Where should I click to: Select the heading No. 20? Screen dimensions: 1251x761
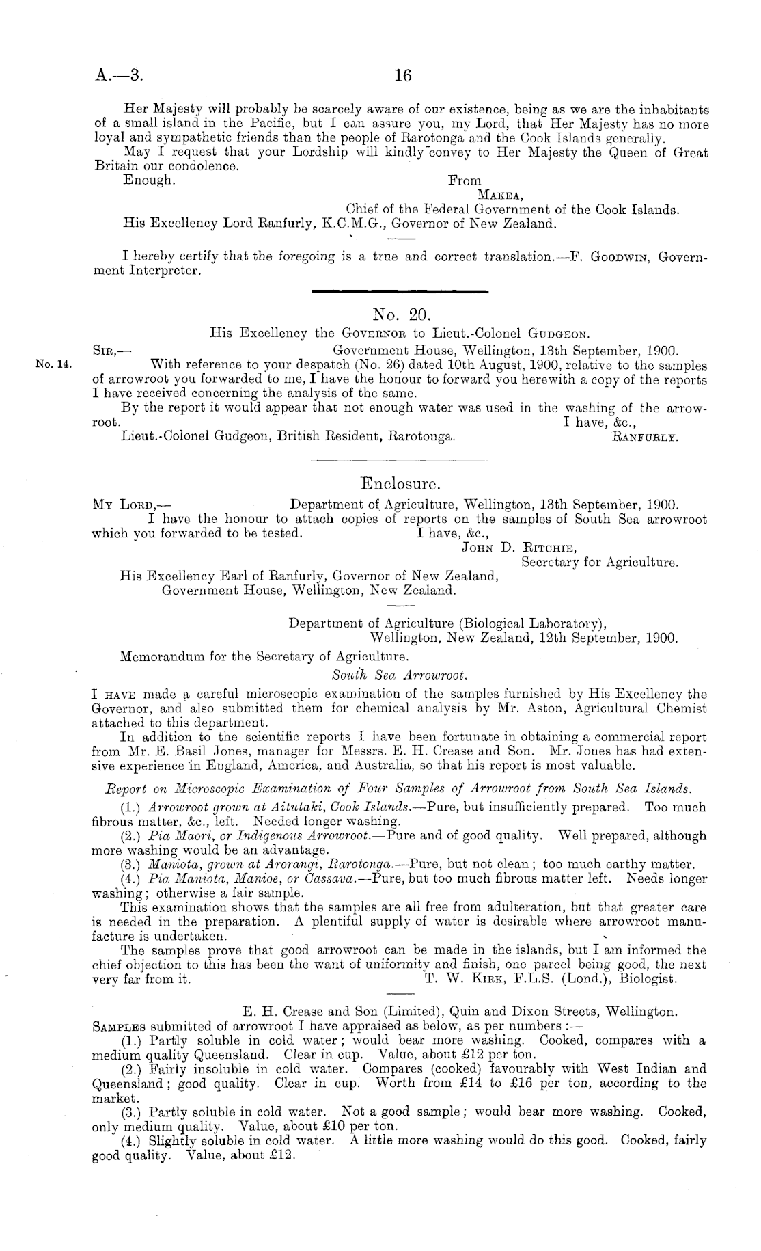coord(400,314)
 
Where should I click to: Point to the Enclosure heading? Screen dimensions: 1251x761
coord(399,484)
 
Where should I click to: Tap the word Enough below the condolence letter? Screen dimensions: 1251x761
coord(148,180)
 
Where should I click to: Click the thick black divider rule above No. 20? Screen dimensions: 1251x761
coord(399,293)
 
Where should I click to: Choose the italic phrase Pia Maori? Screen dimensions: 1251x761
coord(178,836)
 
